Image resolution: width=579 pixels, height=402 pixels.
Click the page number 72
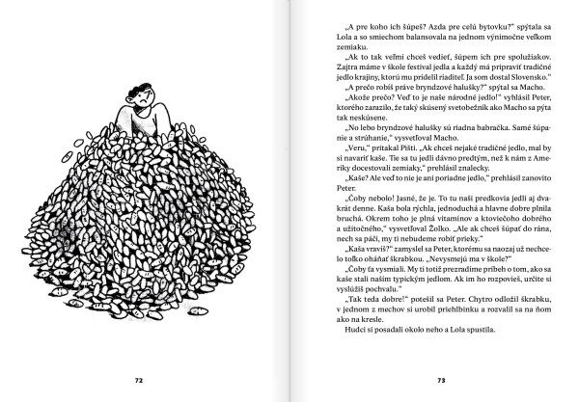(140, 380)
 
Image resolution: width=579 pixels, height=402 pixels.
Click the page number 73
(439, 380)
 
